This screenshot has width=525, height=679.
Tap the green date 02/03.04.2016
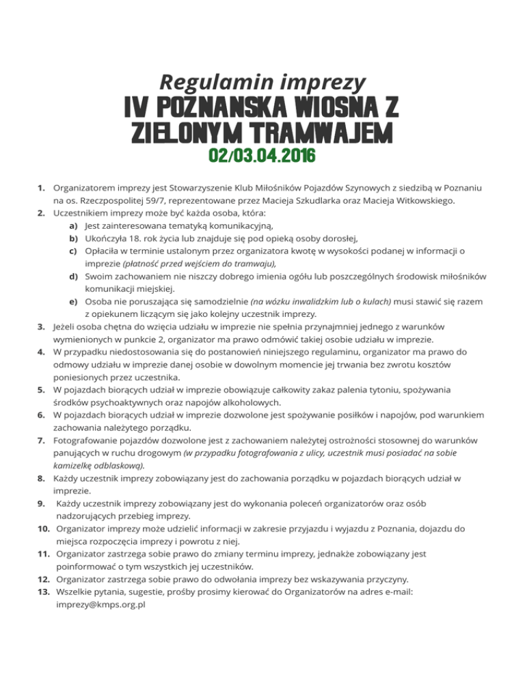coord(262,156)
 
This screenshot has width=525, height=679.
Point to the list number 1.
coord(42,186)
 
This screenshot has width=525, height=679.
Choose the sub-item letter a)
coord(72,225)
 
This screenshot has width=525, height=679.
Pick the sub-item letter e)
coord(72,301)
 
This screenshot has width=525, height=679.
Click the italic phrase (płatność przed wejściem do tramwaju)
coord(204,264)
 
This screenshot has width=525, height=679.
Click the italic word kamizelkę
coord(75,465)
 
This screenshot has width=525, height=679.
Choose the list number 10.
coord(43,528)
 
